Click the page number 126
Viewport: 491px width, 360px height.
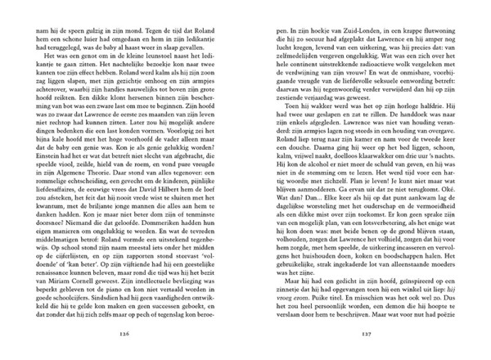[124, 334]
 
